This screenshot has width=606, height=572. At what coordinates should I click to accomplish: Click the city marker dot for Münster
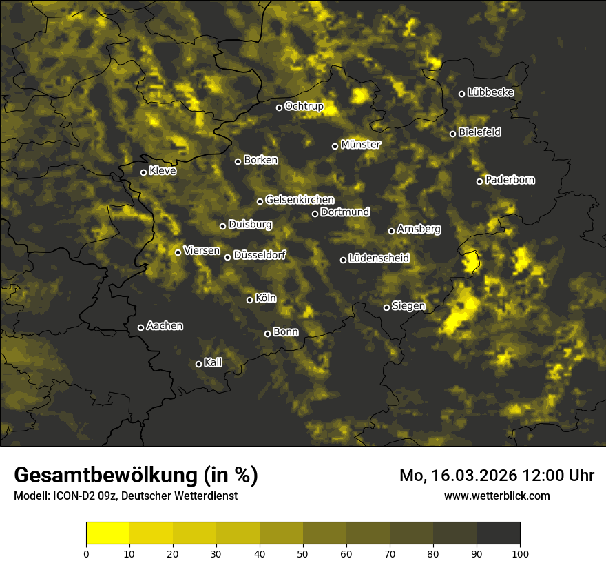click(x=335, y=146)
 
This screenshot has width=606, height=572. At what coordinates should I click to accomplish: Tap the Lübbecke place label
click(x=490, y=92)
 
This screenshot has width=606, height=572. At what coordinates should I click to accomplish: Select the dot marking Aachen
click(x=140, y=327)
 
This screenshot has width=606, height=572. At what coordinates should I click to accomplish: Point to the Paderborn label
click(x=510, y=180)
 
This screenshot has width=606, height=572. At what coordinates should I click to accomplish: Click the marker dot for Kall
click(x=198, y=364)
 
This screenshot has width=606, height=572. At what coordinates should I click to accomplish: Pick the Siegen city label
click(x=408, y=306)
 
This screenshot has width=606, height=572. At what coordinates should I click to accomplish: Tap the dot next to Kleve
click(x=143, y=172)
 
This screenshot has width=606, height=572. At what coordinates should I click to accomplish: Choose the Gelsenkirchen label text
click(x=300, y=200)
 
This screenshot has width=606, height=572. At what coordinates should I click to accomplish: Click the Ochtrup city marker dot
click(x=279, y=108)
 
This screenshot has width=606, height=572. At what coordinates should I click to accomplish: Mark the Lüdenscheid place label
click(x=379, y=258)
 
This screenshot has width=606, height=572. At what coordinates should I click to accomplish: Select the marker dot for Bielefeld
click(x=452, y=134)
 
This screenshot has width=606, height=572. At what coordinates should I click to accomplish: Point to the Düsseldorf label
click(x=259, y=255)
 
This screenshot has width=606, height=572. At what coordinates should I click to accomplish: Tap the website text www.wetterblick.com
click(x=497, y=496)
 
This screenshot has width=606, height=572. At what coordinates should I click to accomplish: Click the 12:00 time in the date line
click(x=547, y=476)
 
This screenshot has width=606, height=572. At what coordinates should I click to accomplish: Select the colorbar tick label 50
click(x=303, y=553)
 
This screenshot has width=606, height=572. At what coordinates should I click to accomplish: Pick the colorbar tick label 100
click(x=519, y=553)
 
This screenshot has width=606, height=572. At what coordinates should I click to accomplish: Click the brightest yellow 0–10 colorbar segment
click(x=107, y=533)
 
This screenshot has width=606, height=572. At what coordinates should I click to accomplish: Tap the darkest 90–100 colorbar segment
click(x=498, y=533)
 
